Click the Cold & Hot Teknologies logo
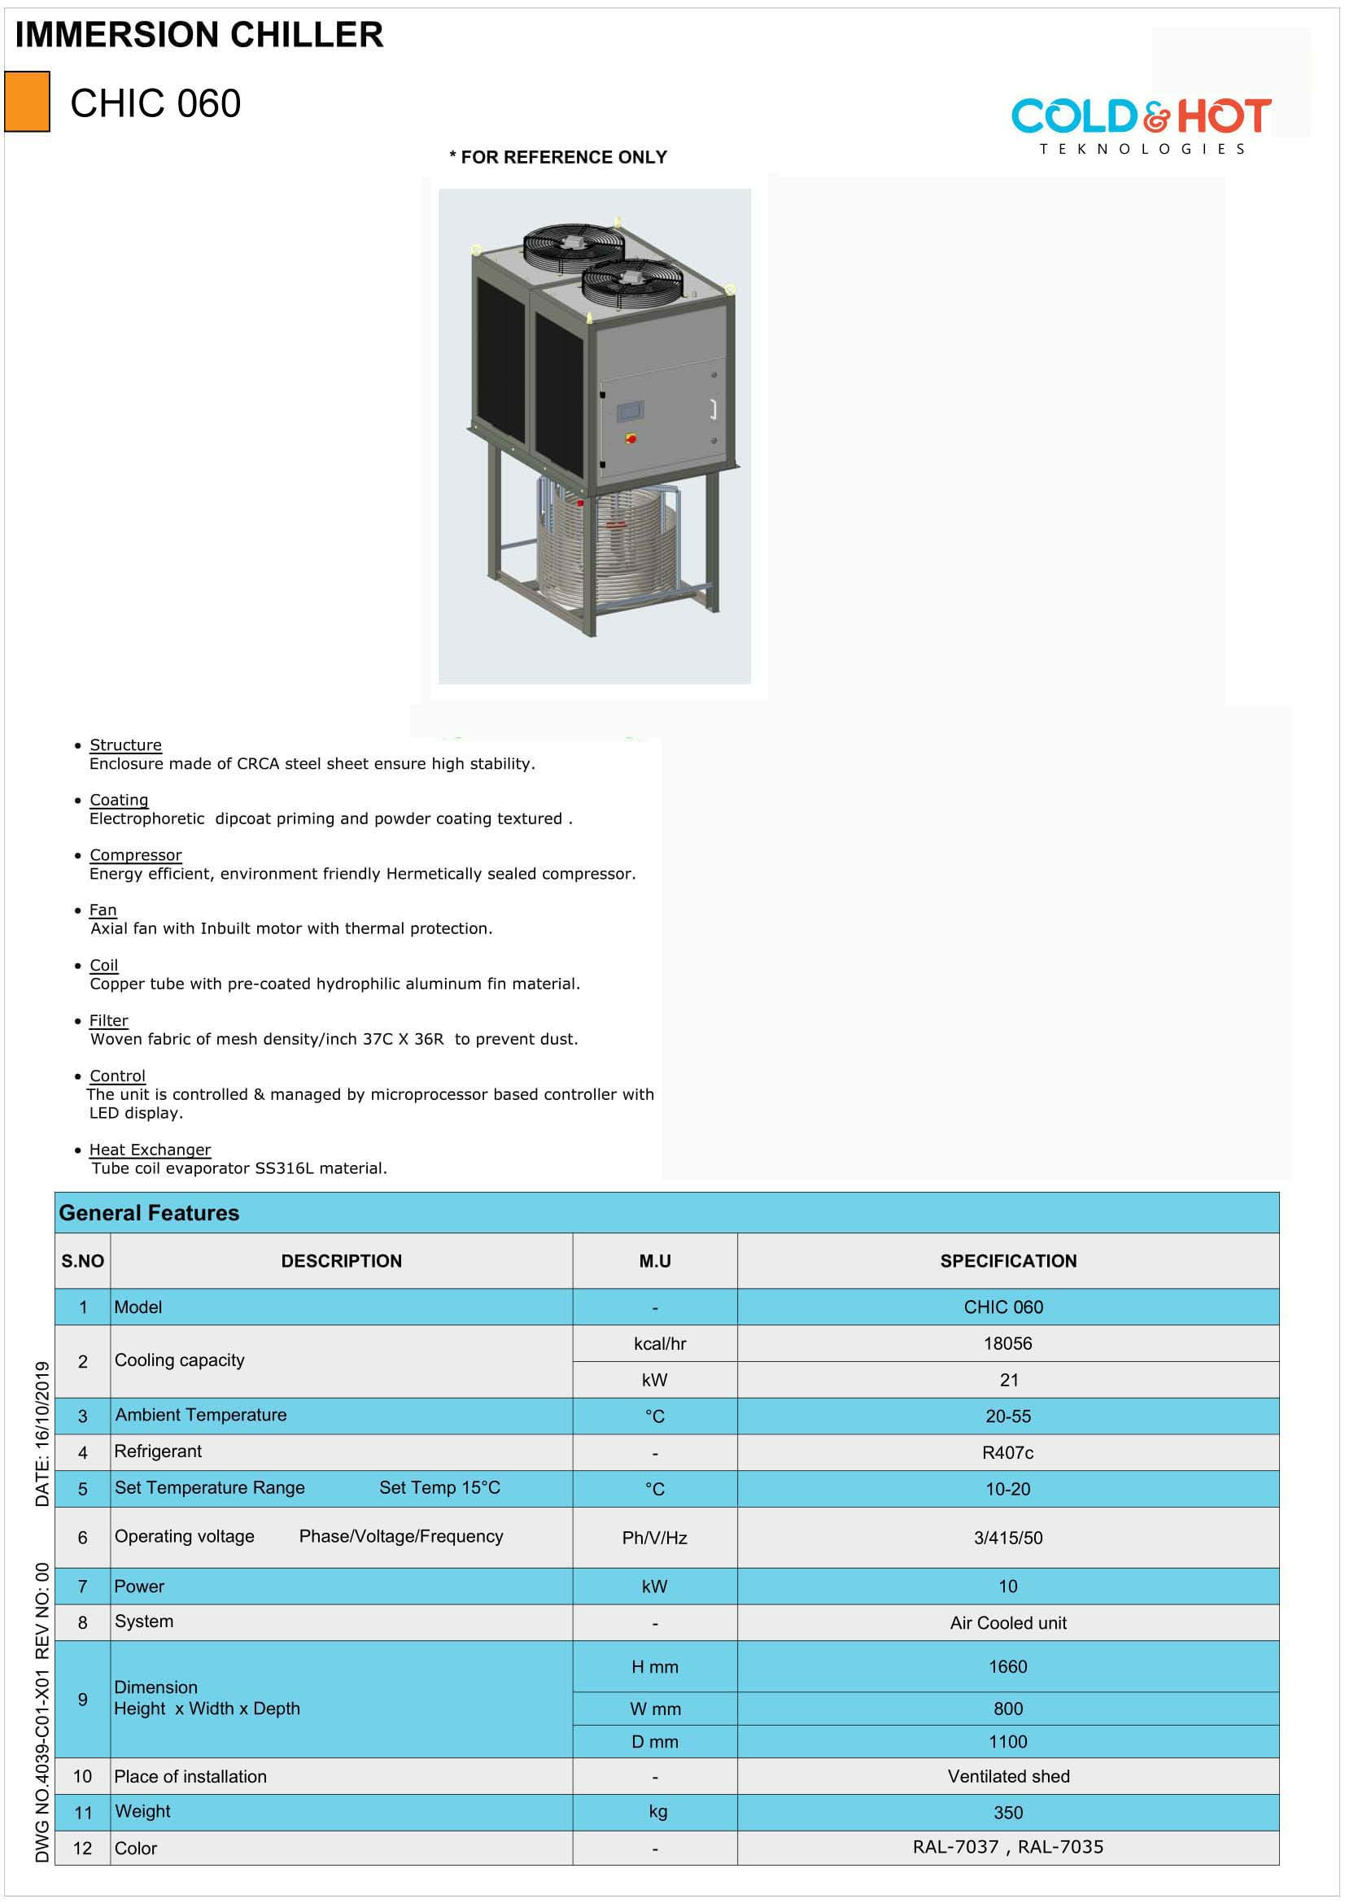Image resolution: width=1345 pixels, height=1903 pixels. click(1141, 124)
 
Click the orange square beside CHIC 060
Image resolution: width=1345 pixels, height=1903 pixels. click(28, 102)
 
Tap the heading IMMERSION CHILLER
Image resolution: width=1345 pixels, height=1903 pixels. click(199, 35)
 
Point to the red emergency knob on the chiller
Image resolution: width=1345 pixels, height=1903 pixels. click(631, 437)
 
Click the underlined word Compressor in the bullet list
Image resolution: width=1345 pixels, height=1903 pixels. click(135, 854)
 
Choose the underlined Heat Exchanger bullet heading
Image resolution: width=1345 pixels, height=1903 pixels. click(150, 1150)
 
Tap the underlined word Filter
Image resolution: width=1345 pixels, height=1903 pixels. click(108, 1020)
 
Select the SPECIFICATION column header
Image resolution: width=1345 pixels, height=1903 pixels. click(1007, 1260)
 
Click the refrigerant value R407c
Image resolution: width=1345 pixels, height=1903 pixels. click(1007, 1452)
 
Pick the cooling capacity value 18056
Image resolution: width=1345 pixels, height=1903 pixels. click(1007, 1343)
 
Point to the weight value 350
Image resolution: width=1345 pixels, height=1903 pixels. click(1007, 1813)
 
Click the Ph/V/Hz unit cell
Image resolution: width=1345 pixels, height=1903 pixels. click(655, 1538)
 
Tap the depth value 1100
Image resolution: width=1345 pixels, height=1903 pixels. click(1007, 1741)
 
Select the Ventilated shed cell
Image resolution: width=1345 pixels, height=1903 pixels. click(1007, 1776)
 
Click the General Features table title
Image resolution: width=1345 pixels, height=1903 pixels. click(149, 1212)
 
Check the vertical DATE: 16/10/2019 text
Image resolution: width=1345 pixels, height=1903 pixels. click(42, 1433)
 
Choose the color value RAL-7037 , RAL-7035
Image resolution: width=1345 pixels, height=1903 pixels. click(1007, 1847)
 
